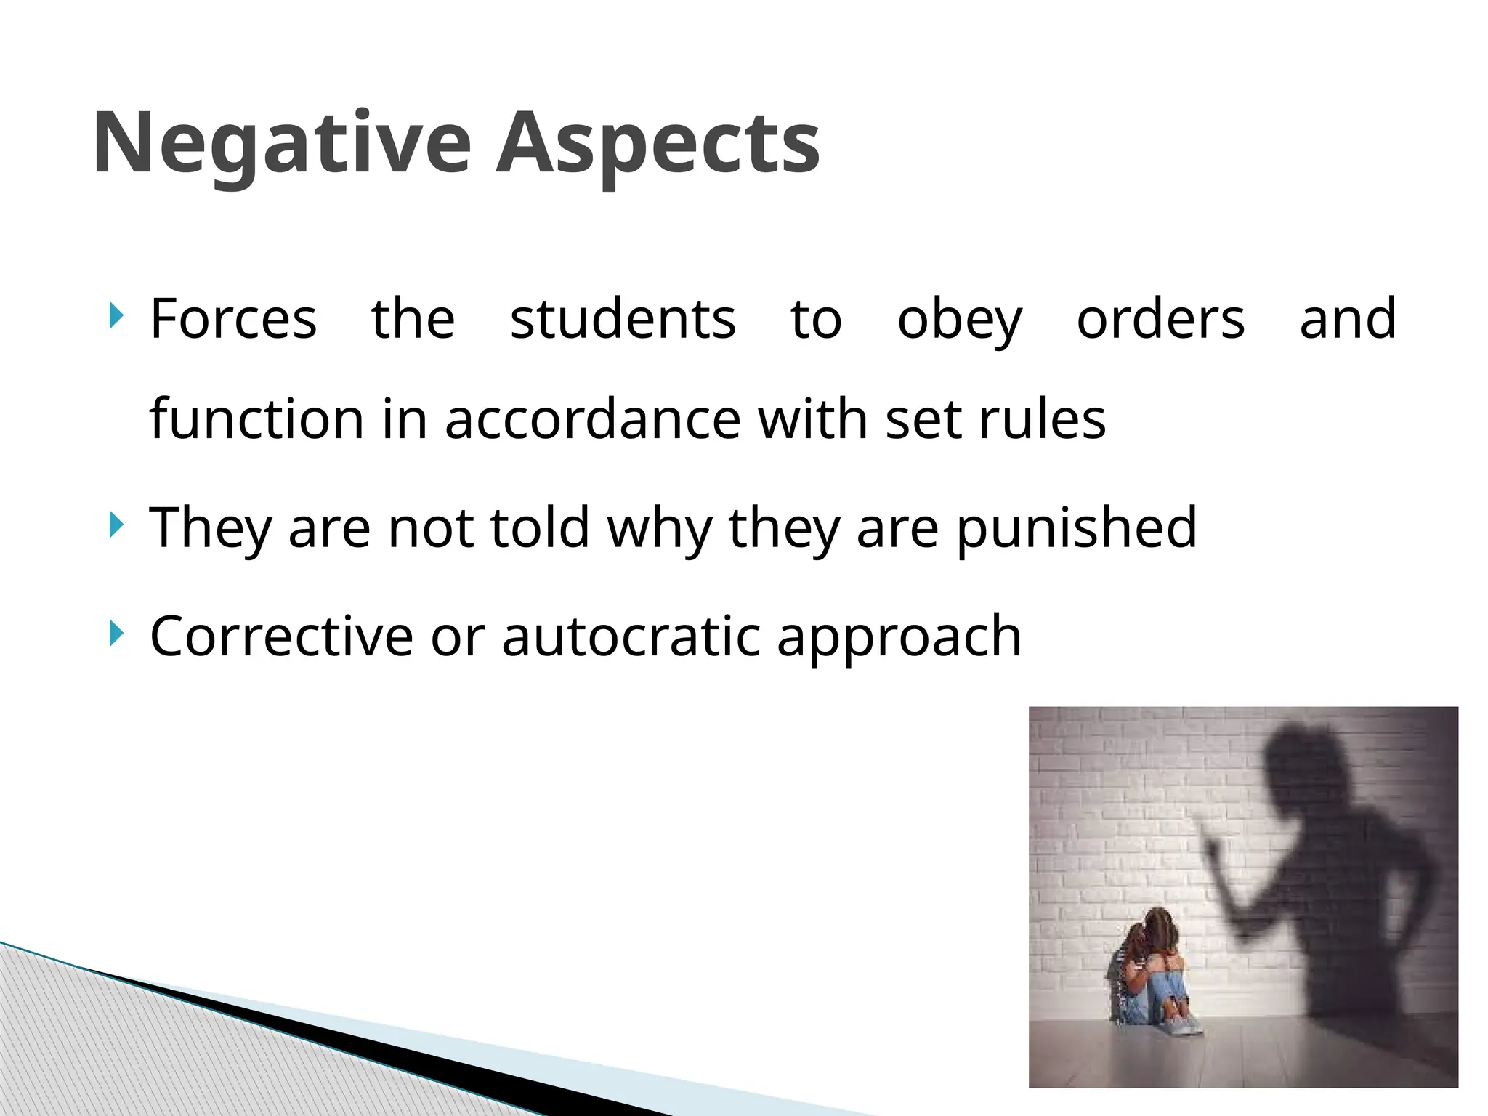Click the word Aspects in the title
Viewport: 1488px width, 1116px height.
click(x=658, y=143)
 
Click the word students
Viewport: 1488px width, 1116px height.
click(x=623, y=319)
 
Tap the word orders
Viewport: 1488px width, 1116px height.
click(x=1160, y=319)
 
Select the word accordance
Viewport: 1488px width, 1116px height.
click(x=593, y=420)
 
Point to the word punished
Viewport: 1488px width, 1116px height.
click(x=1076, y=528)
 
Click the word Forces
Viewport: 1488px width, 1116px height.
click(x=233, y=319)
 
